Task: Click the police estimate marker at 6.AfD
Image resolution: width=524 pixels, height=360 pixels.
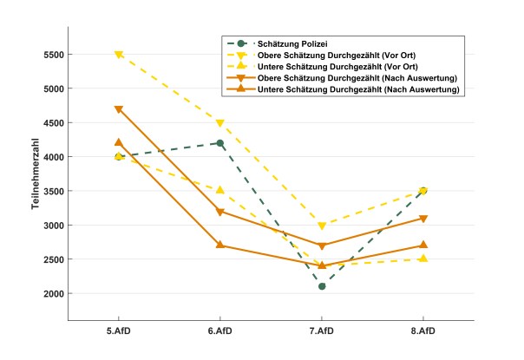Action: pos(220,143)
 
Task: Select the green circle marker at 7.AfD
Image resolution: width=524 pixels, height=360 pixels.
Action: pos(322,286)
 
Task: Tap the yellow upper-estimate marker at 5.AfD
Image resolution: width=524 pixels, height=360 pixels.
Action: pos(119,55)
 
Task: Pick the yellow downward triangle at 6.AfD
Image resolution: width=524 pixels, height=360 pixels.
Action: pos(220,123)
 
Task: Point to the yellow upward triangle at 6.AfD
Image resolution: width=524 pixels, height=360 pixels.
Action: pos(220,191)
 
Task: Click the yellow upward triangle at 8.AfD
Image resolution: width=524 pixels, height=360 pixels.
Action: pos(423,259)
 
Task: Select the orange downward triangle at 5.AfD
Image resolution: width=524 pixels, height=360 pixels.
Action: pos(119,109)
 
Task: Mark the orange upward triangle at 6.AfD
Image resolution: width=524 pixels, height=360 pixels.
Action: pos(220,245)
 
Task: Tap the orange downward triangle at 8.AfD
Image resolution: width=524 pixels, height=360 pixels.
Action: pos(423,219)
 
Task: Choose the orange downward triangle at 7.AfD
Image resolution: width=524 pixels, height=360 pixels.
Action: pos(322,245)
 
